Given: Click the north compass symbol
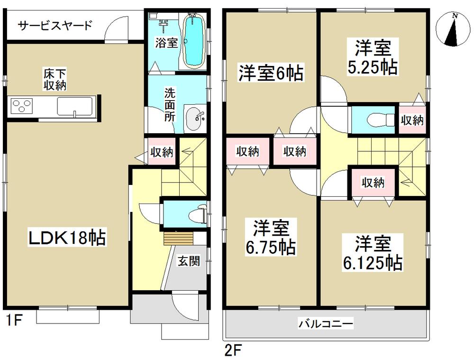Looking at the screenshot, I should pyautogui.click(x=454, y=29).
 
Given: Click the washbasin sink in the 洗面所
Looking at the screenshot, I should pyautogui.click(x=195, y=119).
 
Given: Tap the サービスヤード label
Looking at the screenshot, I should pyautogui.click(x=55, y=25).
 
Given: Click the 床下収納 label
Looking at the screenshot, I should pyautogui.click(x=55, y=80).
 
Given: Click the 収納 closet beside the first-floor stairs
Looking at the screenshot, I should pyautogui.click(x=161, y=152).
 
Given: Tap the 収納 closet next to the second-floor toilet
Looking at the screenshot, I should pyautogui.click(x=411, y=120).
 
